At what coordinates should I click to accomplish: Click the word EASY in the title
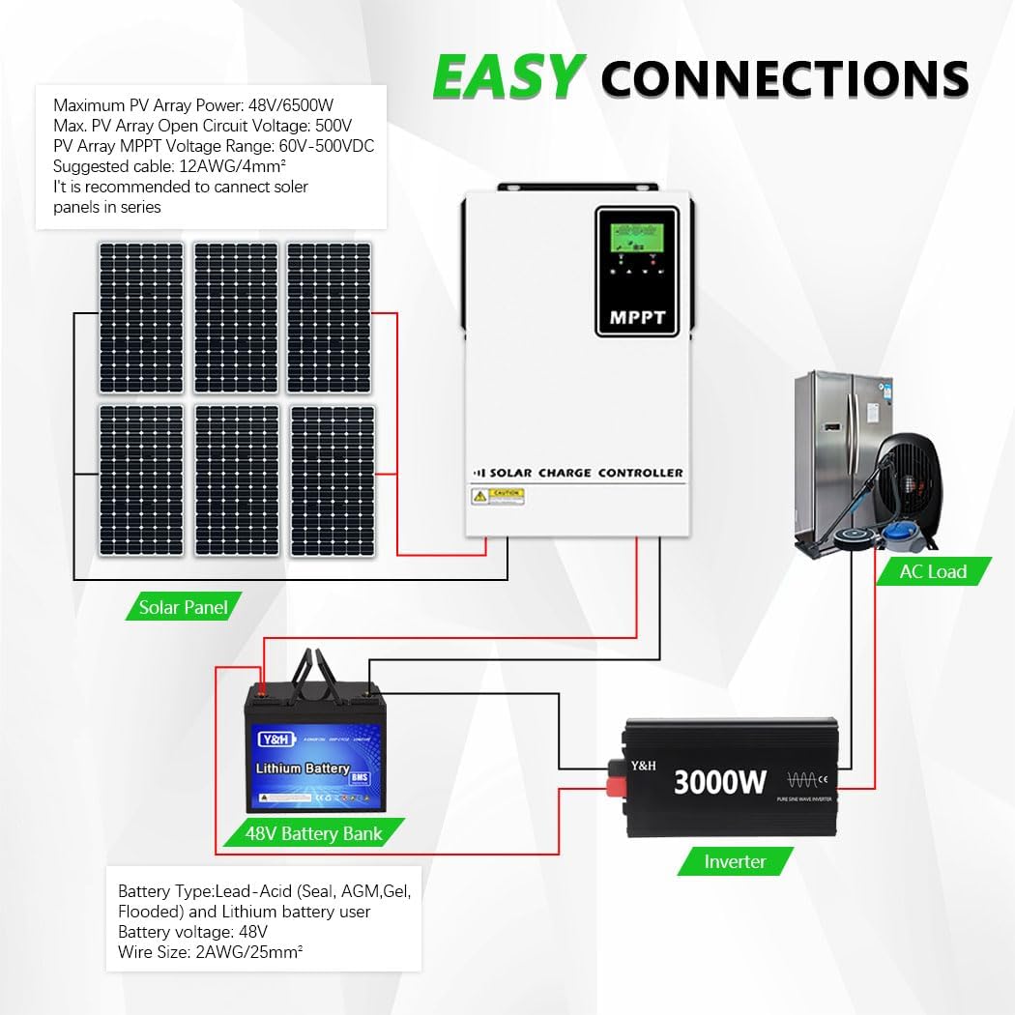(x=508, y=76)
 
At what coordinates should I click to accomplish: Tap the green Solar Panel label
(x=184, y=607)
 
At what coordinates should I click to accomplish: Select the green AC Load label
(x=932, y=571)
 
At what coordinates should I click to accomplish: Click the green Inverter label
(x=735, y=861)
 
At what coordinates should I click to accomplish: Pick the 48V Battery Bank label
(x=313, y=833)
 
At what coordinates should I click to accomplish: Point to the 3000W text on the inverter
(x=719, y=781)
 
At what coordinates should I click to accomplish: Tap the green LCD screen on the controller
(x=630, y=238)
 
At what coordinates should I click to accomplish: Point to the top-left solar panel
(x=140, y=317)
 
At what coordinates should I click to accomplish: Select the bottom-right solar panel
(x=333, y=480)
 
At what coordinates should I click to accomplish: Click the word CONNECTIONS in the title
(x=785, y=78)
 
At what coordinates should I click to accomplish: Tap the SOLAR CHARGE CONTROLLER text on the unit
(x=586, y=473)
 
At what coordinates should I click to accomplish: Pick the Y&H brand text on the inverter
(x=644, y=766)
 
